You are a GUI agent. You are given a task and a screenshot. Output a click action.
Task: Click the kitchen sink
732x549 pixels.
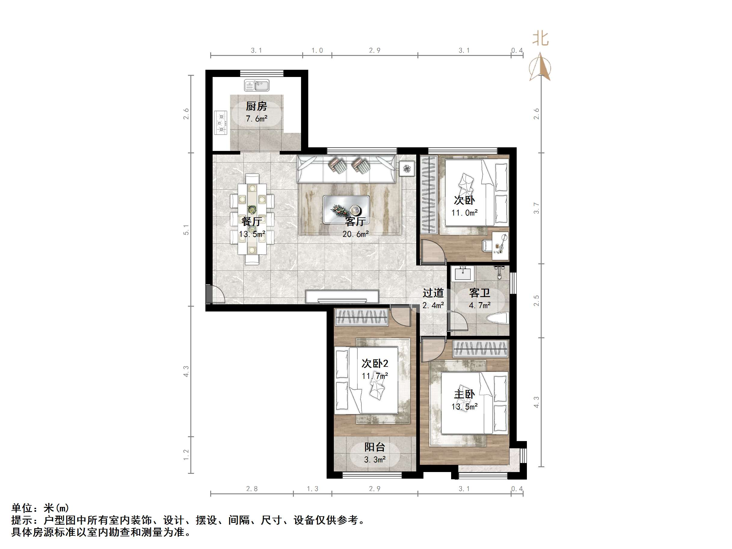(257, 85)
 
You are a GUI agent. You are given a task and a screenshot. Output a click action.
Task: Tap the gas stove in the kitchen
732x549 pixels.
(221, 122)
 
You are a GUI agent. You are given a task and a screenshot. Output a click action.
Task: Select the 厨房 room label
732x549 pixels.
(256, 106)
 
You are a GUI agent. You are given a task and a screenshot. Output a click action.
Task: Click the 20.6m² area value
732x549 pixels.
(355, 234)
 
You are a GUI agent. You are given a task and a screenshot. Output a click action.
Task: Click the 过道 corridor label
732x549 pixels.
(433, 293)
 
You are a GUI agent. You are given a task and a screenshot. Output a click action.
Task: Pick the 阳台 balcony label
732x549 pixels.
(375, 447)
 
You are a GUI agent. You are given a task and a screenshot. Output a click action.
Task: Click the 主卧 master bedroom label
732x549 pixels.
(464, 394)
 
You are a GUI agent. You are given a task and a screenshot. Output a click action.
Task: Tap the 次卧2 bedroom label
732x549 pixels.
(375, 363)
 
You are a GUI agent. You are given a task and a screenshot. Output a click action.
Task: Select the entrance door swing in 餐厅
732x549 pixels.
(215, 294)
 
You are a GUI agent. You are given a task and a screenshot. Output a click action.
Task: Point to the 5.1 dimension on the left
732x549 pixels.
(186, 230)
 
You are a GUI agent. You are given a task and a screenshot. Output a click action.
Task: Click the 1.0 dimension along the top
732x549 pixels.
(317, 51)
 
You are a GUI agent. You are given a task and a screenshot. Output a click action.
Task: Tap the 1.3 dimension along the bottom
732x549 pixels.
(312, 489)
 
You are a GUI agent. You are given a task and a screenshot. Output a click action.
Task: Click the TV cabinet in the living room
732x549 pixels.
(342, 296)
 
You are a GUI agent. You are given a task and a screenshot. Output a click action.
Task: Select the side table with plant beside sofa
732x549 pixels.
(407, 169)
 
